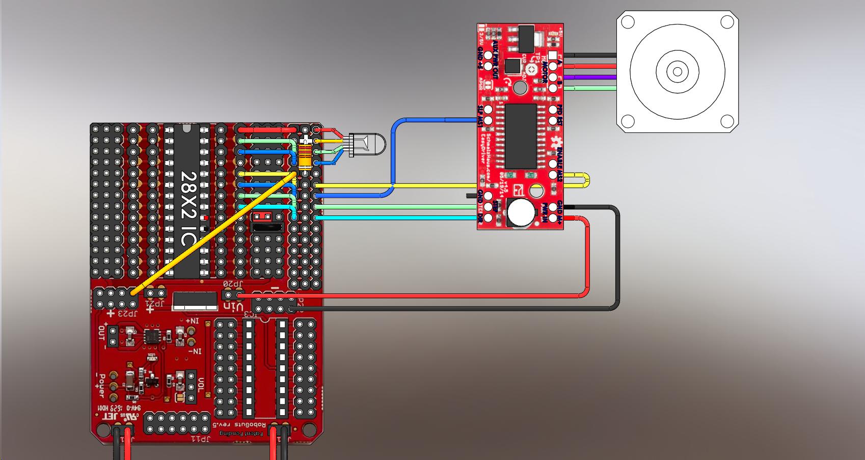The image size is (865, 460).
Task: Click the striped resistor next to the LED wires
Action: [x=305, y=156]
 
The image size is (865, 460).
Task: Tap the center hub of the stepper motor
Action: [x=677, y=72]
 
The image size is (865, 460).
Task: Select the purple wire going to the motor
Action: [x=591, y=78]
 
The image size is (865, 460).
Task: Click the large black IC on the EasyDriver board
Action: [x=521, y=136]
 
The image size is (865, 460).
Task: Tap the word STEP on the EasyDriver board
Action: [x=495, y=206]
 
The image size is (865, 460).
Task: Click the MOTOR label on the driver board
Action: [x=544, y=71]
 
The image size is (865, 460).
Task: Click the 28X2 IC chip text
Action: [x=190, y=204]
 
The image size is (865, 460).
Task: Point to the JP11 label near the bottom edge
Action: [x=201, y=439]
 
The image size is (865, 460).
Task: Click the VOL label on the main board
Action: [x=201, y=384]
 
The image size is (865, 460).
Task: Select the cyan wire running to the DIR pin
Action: [x=397, y=218]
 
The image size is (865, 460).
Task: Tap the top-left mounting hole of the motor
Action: [x=628, y=22]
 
